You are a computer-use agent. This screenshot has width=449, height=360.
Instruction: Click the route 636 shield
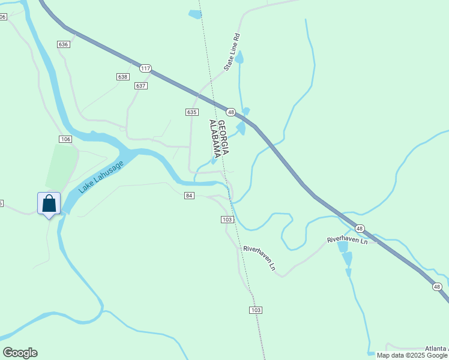tap(64, 44)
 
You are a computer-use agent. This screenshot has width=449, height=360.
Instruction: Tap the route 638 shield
tap(122, 77)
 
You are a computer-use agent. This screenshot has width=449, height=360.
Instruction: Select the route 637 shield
tap(141, 86)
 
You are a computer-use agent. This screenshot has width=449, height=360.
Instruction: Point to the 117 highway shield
tap(145, 68)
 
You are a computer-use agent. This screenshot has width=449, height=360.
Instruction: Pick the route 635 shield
tap(191, 112)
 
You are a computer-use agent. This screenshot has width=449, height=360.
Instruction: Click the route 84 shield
tap(189, 196)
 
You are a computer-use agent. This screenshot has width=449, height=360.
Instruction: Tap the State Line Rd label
tap(232, 52)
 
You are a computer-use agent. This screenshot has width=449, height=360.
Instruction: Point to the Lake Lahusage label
tap(100, 177)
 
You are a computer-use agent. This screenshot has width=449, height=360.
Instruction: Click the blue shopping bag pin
tap(49, 204)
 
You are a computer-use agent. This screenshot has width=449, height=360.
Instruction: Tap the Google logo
tap(20, 353)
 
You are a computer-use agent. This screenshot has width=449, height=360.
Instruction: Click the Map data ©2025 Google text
tap(412, 355)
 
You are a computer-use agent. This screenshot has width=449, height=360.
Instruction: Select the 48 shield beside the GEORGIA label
tap(231, 112)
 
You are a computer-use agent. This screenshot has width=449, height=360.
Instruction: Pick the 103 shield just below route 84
tap(226, 220)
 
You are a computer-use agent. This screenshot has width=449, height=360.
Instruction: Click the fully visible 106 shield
tap(65, 139)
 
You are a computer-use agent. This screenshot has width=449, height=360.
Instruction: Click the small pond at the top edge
tap(195, 14)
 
